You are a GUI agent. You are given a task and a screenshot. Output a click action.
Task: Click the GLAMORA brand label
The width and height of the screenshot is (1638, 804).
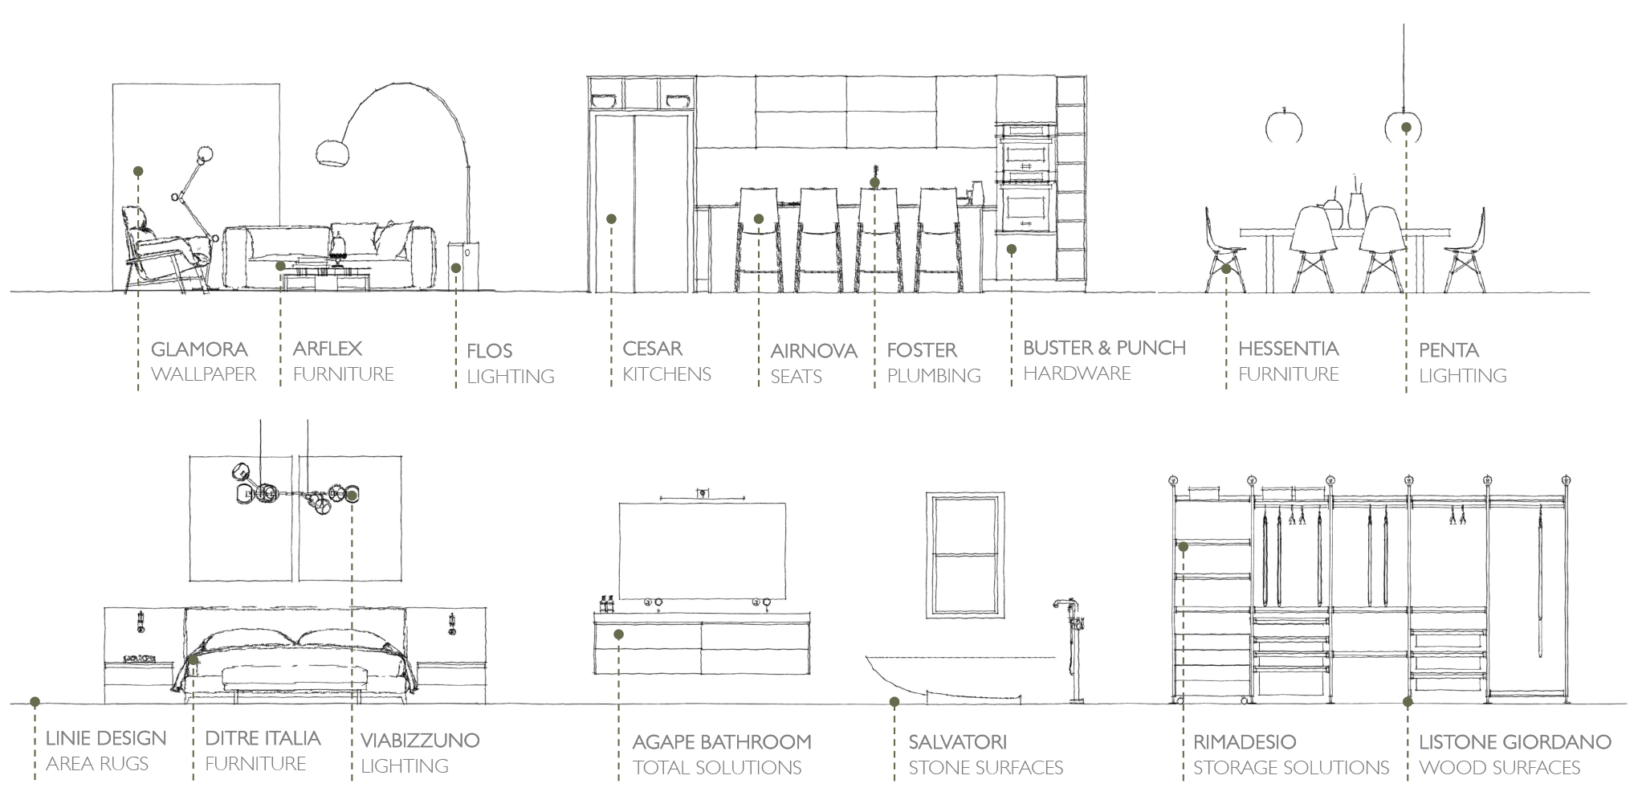click(x=199, y=349)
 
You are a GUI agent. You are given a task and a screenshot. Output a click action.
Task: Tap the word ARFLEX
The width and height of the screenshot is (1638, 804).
click(x=328, y=349)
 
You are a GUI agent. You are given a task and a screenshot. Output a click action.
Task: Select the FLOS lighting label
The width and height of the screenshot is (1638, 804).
click(x=489, y=351)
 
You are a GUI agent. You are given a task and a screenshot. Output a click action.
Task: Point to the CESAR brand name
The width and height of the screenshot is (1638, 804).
click(x=652, y=349)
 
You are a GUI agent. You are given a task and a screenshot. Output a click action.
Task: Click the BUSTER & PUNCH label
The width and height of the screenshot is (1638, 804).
click(x=1104, y=348)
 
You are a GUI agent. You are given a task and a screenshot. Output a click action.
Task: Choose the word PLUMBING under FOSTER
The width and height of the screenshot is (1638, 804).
click(x=934, y=375)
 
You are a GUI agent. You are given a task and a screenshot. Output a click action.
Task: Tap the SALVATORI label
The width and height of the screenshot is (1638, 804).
click(x=957, y=742)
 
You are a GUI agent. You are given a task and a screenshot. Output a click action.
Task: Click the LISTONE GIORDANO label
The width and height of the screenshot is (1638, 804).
click(x=1514, y=742)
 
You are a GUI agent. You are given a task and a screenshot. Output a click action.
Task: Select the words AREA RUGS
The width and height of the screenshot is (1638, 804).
click(x=97, y=764)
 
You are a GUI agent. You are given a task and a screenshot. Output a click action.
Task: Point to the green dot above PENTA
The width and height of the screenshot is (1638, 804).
click(x=1406, y=128)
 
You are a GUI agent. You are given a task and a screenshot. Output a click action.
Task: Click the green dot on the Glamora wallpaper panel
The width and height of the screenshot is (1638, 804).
click(x=138, y=171)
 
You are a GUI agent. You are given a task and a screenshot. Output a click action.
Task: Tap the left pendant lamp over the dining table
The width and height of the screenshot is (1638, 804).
click(x=1283, y=127)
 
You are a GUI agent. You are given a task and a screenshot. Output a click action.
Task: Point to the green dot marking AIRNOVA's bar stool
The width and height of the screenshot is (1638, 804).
click(x=759, y=219)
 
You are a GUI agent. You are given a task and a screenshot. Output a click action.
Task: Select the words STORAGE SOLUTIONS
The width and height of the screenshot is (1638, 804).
click(x=1290, y=768)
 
